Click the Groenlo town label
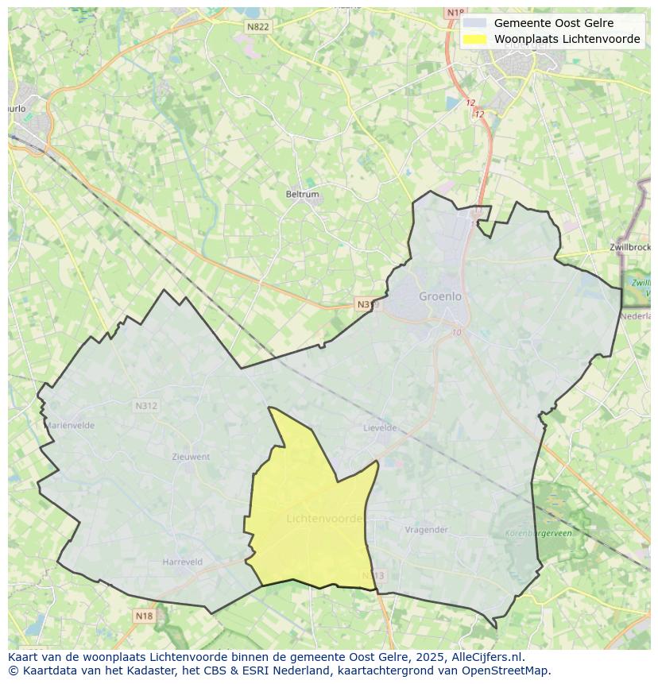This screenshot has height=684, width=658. click(439, 296)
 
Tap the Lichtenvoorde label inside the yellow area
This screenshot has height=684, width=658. click(324, 519)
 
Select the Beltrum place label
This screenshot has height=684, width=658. click(302, 194)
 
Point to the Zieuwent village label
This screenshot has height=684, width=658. click(191, 457)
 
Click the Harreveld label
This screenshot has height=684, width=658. click(182, 562)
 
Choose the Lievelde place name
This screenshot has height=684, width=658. click(380, 427)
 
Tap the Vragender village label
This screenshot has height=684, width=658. click(426, 530)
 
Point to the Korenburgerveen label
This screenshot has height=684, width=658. click(538, 534)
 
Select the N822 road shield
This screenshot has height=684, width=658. click(257, 26)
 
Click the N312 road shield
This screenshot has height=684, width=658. click(146, 406)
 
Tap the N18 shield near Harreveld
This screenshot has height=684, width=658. click(144, 616)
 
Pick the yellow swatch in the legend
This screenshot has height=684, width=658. click(474, 39)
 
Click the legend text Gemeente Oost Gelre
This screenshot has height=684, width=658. click(553, 23)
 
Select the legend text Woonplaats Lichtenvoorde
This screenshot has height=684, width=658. click(567, 39)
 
